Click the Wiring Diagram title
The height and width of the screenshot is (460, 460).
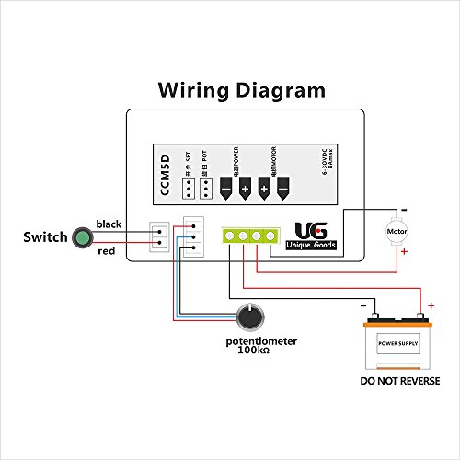[241, 90]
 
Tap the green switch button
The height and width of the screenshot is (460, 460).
[84, 237]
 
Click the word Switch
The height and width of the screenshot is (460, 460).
[45, 237]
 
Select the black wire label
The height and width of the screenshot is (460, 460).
[109, 224]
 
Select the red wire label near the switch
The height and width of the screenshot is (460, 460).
[107, 251]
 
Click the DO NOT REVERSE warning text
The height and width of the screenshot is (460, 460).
[400, 380]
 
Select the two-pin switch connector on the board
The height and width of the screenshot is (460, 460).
[159, 237]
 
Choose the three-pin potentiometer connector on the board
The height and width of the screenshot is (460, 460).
[190, 236]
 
